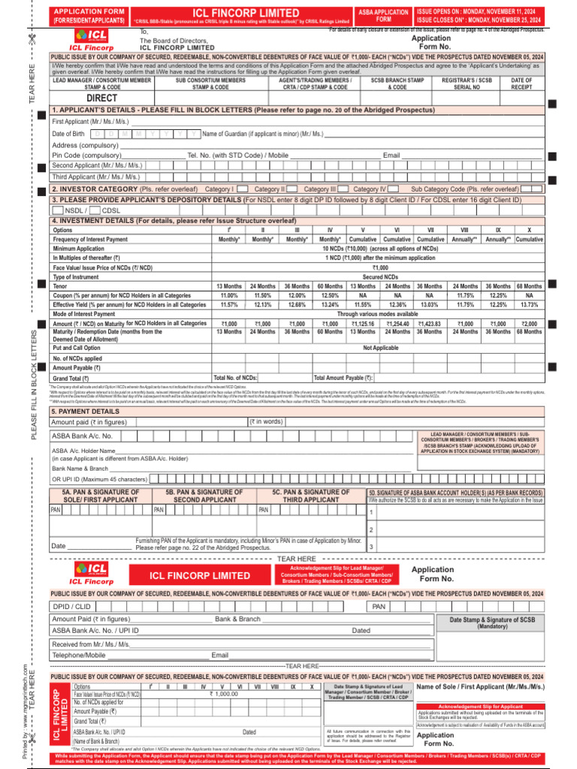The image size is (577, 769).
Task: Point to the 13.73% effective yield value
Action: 529,305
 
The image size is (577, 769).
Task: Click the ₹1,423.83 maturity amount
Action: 429,323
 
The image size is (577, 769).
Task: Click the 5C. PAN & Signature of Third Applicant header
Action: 310,496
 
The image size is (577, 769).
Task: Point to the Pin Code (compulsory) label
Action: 86,155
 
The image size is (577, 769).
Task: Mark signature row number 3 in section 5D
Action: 371,547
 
